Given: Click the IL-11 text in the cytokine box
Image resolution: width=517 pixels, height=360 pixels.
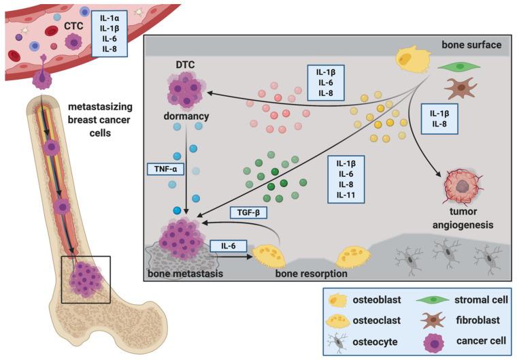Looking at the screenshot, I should pyautogui.click(x=346, y=195).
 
